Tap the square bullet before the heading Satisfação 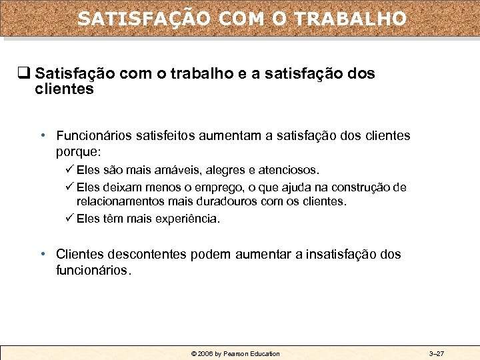pyautogui.click(x=25, y=73)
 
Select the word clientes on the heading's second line pyautogui.click(x=64, y=89)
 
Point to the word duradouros pyautogui.click(x=225, y=201)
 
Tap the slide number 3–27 pyautogui.click(x=437, y=353)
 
